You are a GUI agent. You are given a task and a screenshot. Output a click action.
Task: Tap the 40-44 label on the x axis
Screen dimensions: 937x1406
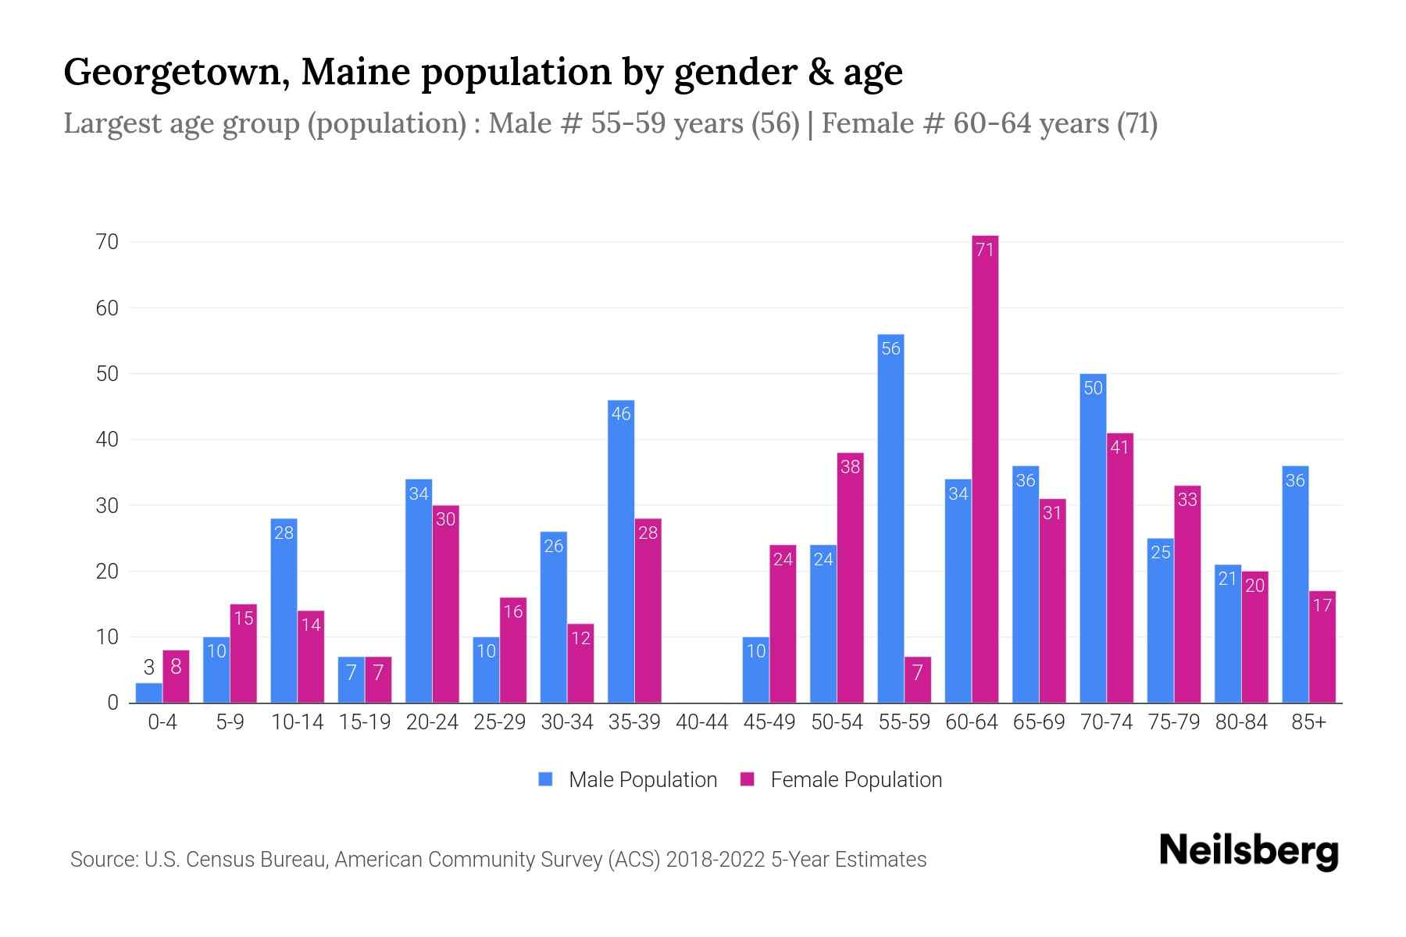pyautogui.click(x=701, y=722)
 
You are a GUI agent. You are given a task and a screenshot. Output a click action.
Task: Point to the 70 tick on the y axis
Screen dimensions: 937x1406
pyautogui.click(x=108, y=242)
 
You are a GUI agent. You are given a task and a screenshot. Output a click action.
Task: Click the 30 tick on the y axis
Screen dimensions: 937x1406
pyautogui.click(x=108, y=506)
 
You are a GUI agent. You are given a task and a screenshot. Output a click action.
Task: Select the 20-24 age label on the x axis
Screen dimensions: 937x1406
pyautogui.click(x=432, y=722)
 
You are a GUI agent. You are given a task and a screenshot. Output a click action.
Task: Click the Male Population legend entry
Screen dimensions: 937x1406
pyautogui.click(x=629, y=780)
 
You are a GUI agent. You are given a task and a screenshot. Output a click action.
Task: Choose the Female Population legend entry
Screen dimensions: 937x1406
pyautogui.click(x=842, y=780)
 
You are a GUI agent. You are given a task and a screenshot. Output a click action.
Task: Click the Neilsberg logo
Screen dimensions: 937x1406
pyautogui.click(x=1248, y=851)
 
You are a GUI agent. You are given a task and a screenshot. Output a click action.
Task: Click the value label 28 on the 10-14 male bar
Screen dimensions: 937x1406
pyautogui.click(x=284, y=533)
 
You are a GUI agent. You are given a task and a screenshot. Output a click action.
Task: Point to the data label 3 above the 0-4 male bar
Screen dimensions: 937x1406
pyautogui.click(x=148, y=667)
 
